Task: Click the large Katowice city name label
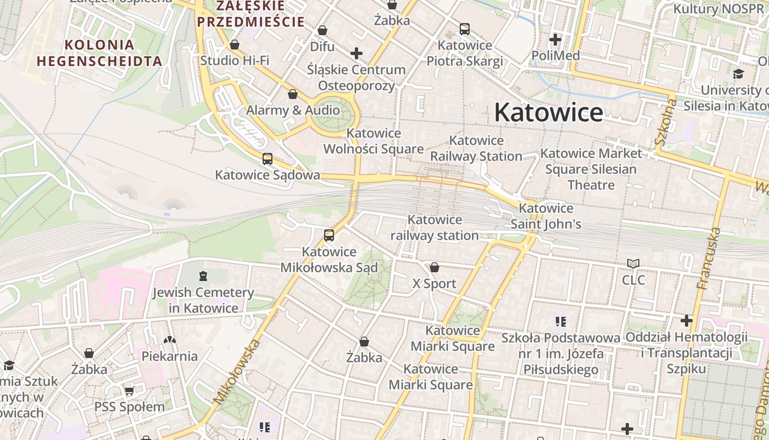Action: click(x=548, y=113)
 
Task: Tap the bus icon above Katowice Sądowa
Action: click(x=268, y=159)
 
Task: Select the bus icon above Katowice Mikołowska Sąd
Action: click(x=329, y=235)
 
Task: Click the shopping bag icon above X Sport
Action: click(x=434, y=267)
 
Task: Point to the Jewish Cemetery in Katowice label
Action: click(x=203, y=300)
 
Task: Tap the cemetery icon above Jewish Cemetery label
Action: click(x=203, y=276)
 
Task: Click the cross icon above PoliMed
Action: click(x=555, y=40)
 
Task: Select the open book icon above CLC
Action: click(x=633, y=264)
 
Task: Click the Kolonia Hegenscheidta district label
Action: click(x=99, y=53)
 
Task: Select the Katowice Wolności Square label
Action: click(x=374, y=141)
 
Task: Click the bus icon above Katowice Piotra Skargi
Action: click(x=465, y=29)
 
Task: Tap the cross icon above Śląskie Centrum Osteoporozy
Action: click(x=356, y=53)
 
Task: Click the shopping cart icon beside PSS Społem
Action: click(x=130, y=391)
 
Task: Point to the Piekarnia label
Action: click(x=170, y=356)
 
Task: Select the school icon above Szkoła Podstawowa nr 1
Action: click(x=560, y=321)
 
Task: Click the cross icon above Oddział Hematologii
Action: click(x=687, y=320)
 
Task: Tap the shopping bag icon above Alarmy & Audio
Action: click(x=293, y=94)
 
